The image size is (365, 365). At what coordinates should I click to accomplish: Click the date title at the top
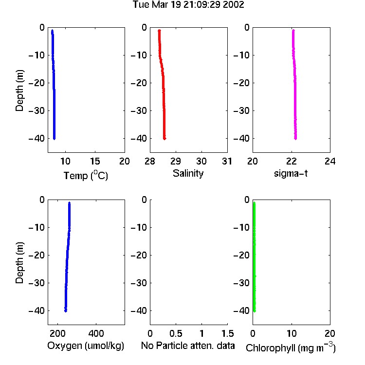[188, 4]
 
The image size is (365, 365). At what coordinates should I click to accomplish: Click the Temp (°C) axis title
[86, 175]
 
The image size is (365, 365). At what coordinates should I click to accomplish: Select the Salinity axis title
[188, 173]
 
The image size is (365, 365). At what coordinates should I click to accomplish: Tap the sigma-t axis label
[291, 173]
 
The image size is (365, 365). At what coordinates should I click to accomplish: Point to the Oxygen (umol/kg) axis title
[86, 346]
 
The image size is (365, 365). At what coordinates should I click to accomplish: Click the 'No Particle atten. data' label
[188, 346]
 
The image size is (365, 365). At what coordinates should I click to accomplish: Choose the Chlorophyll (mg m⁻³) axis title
[291, 347]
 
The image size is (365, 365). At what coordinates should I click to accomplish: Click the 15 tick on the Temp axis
[95, 161]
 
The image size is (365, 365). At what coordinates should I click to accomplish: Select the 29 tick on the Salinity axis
[176, 161]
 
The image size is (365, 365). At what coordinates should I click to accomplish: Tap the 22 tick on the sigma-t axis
[292, 161]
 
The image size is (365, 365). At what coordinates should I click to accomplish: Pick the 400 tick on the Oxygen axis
[96, 333]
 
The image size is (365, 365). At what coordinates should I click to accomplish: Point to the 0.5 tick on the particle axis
[176, 333]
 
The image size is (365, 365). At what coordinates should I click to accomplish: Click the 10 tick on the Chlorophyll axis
[292, 333]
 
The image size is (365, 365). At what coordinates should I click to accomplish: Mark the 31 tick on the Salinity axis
[227, 161]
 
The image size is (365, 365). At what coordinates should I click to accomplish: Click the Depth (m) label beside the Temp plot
[19, 91]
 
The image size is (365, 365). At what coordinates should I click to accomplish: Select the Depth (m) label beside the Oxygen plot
[19, 263]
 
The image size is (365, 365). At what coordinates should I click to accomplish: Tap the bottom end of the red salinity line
[164, 139]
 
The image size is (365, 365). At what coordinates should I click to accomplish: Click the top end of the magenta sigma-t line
[293, 30]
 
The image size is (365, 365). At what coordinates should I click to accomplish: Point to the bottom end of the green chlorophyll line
[255, 311]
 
